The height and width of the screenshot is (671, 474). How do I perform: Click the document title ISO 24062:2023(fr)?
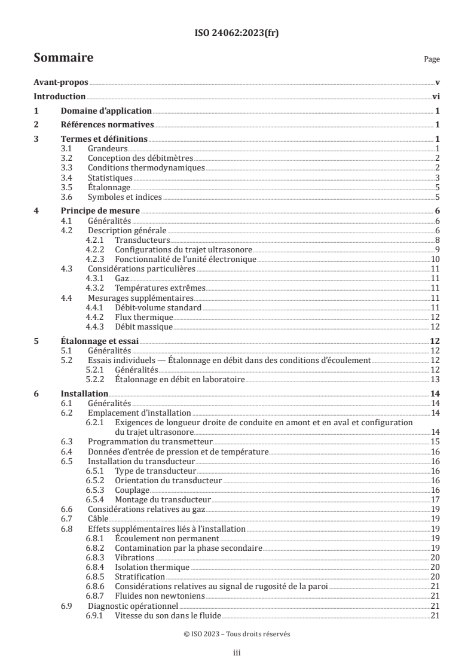click(237, 33)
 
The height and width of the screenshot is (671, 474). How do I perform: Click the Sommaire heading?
click(63, 58)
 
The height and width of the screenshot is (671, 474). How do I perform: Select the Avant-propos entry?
click(60, 83)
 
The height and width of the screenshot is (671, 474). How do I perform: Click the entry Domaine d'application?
click(106, 111)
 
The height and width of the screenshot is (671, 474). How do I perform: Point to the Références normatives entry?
click(108, 125)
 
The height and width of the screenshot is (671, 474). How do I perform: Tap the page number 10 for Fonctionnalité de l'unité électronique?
click(435, 259)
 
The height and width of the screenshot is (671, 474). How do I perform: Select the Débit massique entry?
click(143, 327)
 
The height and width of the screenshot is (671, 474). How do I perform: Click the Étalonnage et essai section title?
click(99, 341)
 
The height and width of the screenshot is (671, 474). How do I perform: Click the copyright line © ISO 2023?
click(237, 635)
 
